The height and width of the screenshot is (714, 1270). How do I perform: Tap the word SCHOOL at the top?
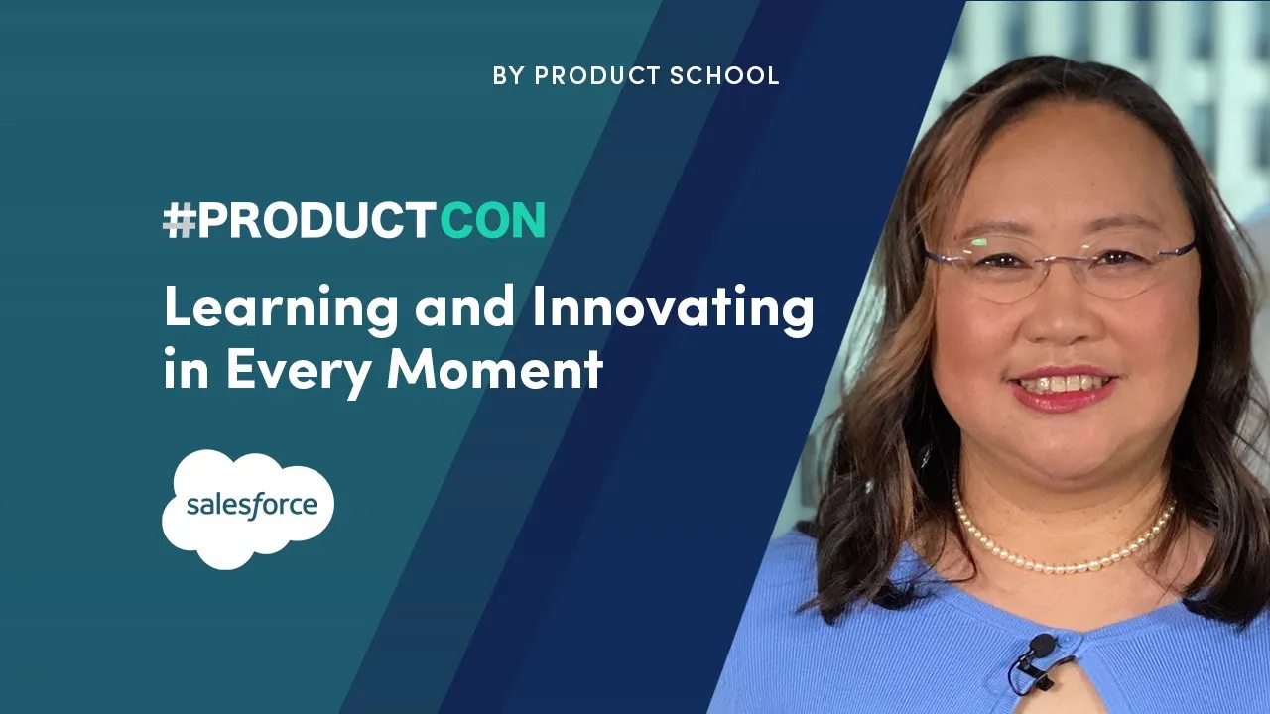[x=723, y=75]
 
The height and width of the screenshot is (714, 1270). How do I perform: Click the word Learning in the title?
[x=280, y=310]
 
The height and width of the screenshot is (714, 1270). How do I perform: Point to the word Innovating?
[x=673, y=310]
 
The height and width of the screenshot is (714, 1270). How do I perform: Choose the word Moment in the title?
[x=495, y=370]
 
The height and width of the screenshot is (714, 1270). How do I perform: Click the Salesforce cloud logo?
[x=248, y=508]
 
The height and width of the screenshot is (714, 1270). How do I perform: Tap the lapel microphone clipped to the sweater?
[x=1039, y=648]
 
